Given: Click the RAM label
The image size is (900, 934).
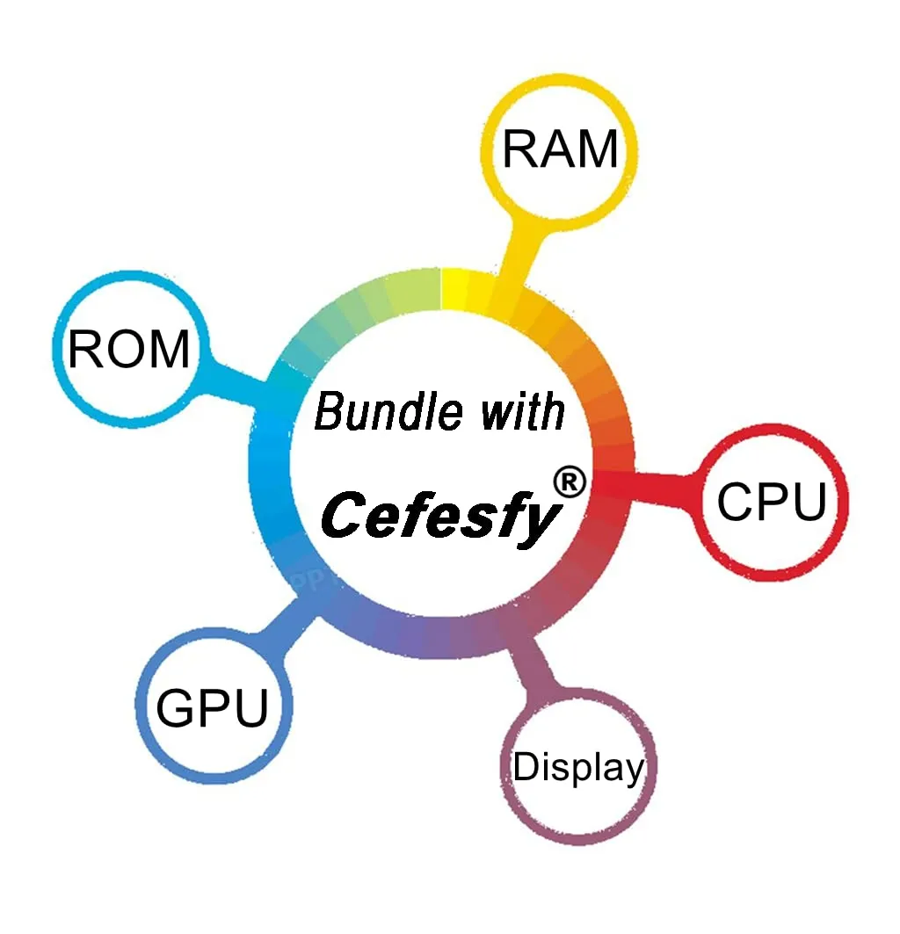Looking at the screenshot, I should pos(560,148).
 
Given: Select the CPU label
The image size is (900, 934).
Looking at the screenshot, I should pos(772,502).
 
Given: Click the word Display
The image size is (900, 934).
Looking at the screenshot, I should pos(578,767).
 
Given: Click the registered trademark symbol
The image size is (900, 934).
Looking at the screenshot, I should pos(570,481).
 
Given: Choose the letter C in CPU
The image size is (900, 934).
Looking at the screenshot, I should pos(735,502).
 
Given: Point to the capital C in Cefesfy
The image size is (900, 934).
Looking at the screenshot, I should pos(345,514).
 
